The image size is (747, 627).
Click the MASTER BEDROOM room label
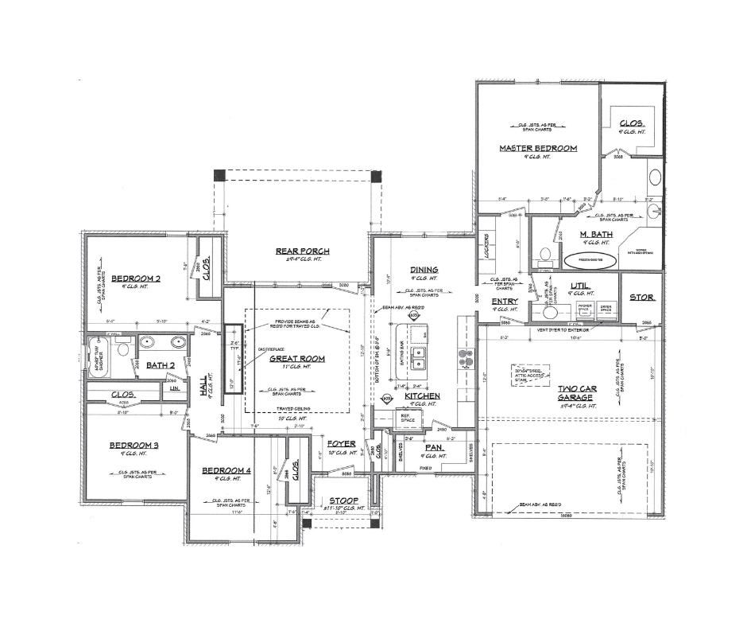(538, 148)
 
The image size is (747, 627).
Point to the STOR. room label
(641, 298)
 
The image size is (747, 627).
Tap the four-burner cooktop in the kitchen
(463, 362)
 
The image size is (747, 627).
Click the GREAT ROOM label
(296, 359)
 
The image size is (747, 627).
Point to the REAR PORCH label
(303, 251)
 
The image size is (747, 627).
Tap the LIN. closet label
(173, 389)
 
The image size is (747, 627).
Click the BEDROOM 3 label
(134, 445)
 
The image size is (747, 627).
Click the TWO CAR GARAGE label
(576, 393)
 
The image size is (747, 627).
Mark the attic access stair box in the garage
(533, 375)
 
